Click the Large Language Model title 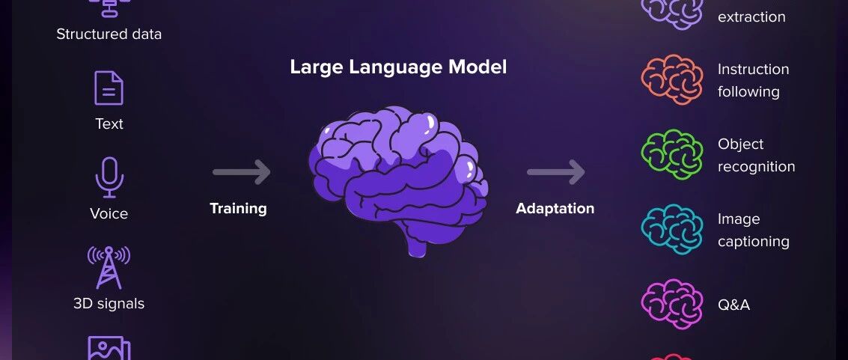[398, 67]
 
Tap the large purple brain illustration [398, 176]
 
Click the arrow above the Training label [242, 172]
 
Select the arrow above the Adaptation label [556, 172]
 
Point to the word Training [238, 209]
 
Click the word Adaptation [555, 209]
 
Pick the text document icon [109, 88]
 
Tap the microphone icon [109, 177]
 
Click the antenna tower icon [109, 267]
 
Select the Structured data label [109, 34]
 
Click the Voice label [109, 214]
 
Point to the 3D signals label [109, 304]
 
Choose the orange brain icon [672, 79]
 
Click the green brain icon [672, 154]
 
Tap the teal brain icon [672, 229]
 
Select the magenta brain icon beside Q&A [672, 304]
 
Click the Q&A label [733, 305]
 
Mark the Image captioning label [753, 230]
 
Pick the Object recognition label [756, 155]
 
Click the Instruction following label [753, 80]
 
